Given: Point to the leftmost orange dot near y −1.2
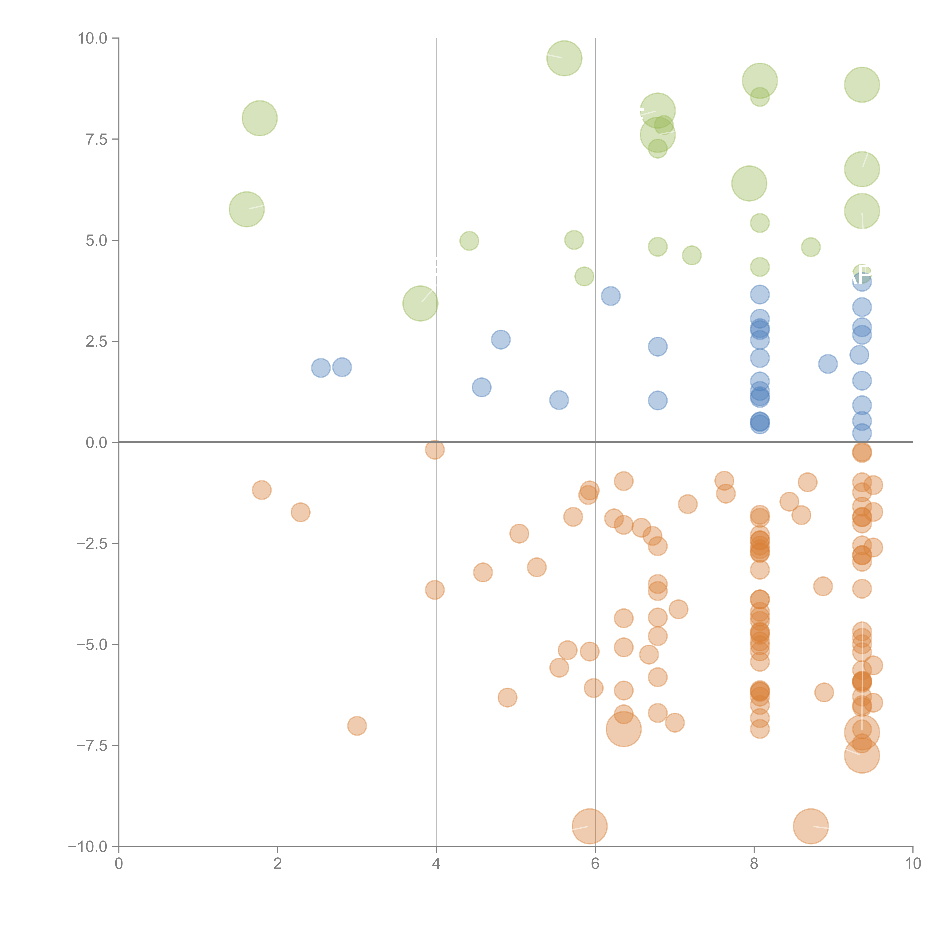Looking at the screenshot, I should pos(261,490).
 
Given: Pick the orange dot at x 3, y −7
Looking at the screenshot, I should pos(357,726).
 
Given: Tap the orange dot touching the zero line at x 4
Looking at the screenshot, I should pos(435,449).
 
